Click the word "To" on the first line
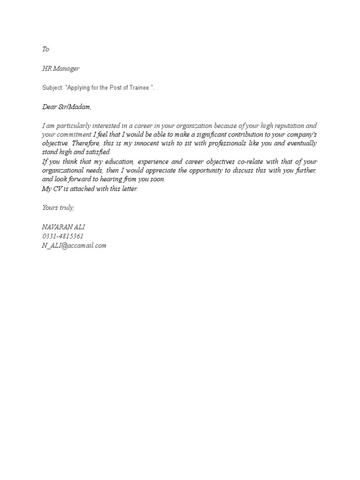(45, 49)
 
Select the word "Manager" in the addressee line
(66, 69)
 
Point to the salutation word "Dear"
(49, 107)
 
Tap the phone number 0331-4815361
(63, 236)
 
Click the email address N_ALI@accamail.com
(74, 245)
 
